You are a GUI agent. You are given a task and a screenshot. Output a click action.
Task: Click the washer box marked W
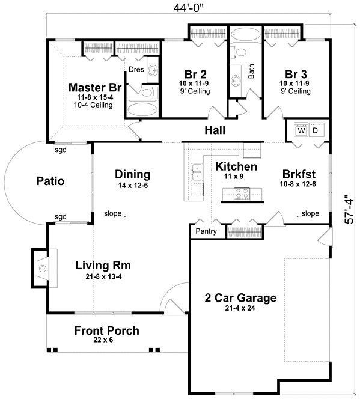click(x=301, y=130)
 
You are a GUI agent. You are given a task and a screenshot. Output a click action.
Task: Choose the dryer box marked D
click(x=317, y=130)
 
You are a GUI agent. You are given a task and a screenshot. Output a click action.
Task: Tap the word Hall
click(x=215, y=130)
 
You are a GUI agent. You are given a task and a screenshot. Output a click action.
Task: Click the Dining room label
click(x=132, y=175)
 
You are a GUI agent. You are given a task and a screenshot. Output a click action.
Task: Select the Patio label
click(x=50, y=180)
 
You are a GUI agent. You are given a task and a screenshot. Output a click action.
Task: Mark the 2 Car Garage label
click(x=240, y=297)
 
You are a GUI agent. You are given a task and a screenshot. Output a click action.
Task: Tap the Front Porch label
click(x=106, y=330)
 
